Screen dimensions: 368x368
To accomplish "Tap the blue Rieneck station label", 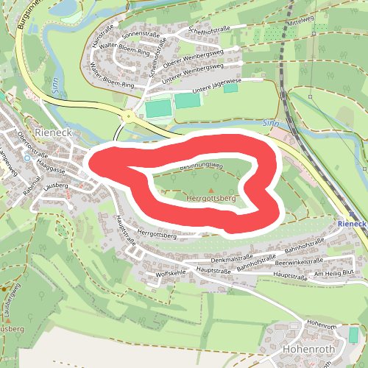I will point(352,223).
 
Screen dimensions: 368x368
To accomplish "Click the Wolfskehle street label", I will point(171,274).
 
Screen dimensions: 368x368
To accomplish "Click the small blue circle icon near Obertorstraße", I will point(27,158).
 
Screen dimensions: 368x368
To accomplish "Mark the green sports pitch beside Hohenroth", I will point(354,334).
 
